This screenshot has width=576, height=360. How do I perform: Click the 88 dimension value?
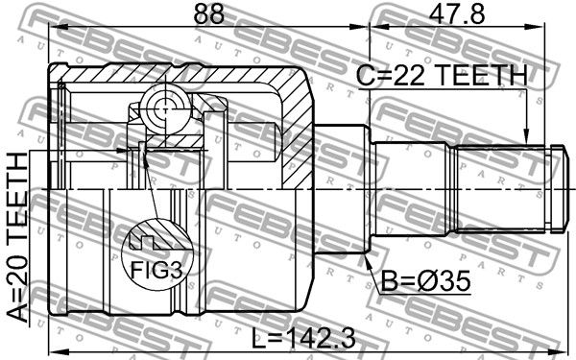pyautogui.click(x=208, y=14)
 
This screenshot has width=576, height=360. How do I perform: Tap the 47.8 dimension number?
pyautogui.click(x=458, y=14)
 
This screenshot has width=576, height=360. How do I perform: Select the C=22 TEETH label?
pyautogui.click(x=443, y=75)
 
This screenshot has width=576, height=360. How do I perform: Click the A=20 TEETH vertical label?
pyautogui.click(x=17, y=238)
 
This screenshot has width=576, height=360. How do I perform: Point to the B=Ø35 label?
pyautogui.click(x=425, y=281)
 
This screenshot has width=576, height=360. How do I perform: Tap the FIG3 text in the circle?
pyautogui.click(x=156, y=271)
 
